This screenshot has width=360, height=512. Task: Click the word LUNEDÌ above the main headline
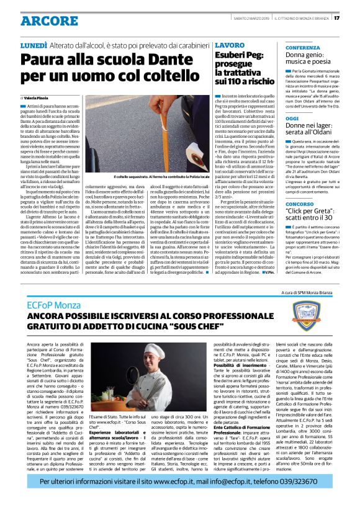[34, 45]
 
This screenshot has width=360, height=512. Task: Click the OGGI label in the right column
[275, 118]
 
